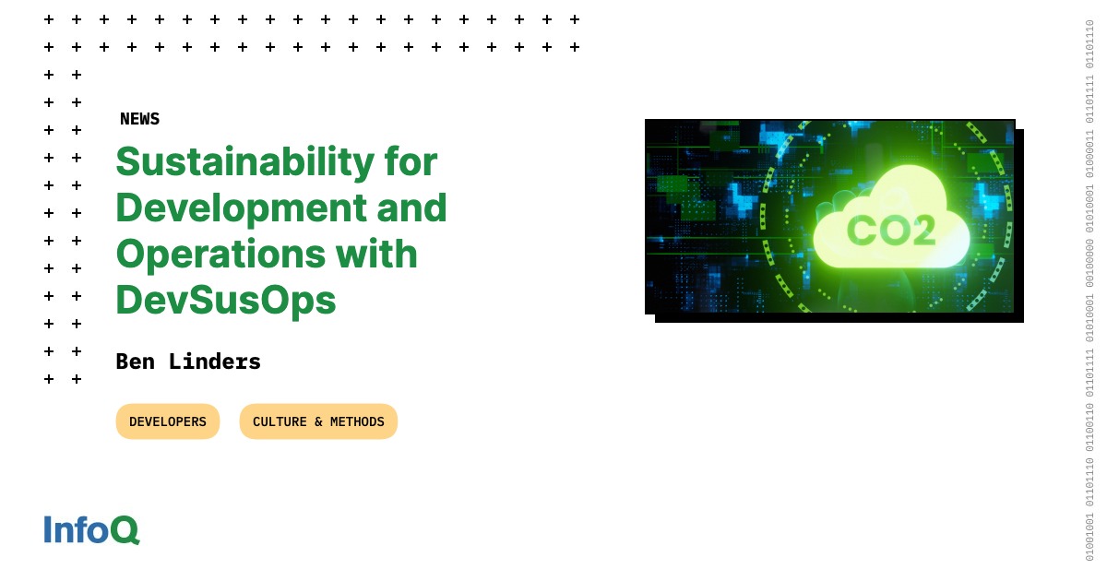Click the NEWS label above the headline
coord(140,119)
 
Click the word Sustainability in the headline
coord(245,162)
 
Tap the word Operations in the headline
coord(220,255)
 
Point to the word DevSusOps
coord(226,301)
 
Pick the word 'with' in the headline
coord(376,254)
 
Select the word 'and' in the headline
coord(412,207)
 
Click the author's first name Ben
coord(136,362)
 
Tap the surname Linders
coord(214,362)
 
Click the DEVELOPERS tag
coord(168,421)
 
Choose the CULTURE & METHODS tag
coord(319,421)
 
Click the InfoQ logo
coord(92,530)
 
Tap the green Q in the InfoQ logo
coord(125,530)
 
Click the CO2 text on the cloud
coord(891,231)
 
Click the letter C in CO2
coord(862,231)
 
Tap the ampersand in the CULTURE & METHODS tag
coord(318,422)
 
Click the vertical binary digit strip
coord(1089,290)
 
